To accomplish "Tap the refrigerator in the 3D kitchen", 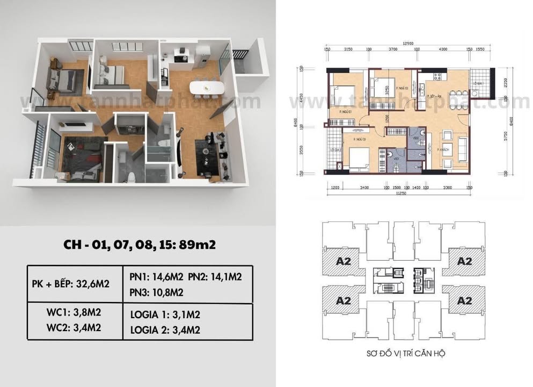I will (x=203, y=55).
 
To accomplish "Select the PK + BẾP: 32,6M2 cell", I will (x=75, y=284).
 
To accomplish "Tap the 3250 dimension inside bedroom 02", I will (x=386, y=91).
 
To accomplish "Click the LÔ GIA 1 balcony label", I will (x=478, y=84).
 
